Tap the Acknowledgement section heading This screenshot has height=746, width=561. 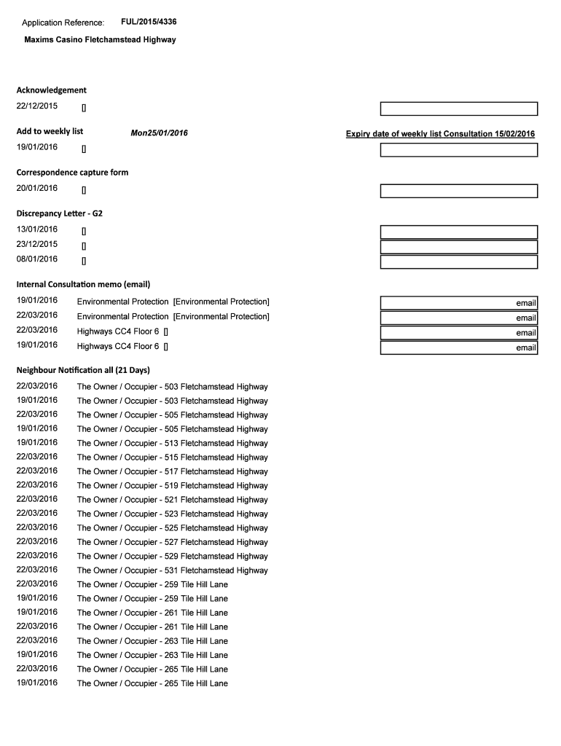point(51,90)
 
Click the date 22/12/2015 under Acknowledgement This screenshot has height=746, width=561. point(37,107)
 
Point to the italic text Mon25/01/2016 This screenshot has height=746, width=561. point(159,133)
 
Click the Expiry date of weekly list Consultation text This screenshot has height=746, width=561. point(440,134)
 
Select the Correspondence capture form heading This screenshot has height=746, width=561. point(72,173)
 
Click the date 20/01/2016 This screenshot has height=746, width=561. point(37,189)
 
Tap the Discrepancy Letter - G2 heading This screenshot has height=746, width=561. point(54,214)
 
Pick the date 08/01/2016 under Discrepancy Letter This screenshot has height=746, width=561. point(37,259)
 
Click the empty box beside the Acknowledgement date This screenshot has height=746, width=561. point(459,109)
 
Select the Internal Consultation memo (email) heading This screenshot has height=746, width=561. point(83,284)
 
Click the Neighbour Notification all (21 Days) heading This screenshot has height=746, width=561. point(83,370)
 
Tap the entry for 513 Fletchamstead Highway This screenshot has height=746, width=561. point(172,443)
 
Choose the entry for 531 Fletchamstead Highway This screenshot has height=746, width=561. point(172,570)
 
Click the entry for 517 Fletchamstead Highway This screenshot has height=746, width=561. point(172,471)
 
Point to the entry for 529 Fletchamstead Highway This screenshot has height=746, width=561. point(172,556)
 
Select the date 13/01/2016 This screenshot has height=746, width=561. point(37,229)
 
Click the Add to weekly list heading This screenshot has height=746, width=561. point(50,131)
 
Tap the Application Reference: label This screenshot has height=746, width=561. point(63,23)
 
